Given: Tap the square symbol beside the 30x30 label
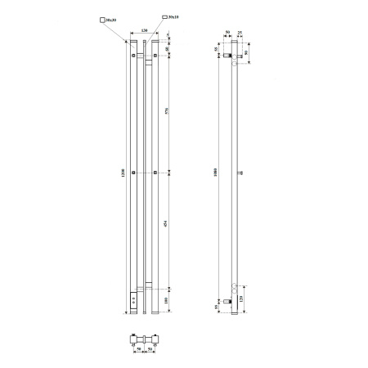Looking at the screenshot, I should pos(101,18).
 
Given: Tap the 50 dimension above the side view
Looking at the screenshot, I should pos(228,34).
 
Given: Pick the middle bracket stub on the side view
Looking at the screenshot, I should pos(240,174).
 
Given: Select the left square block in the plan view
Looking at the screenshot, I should pos(137,338).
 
